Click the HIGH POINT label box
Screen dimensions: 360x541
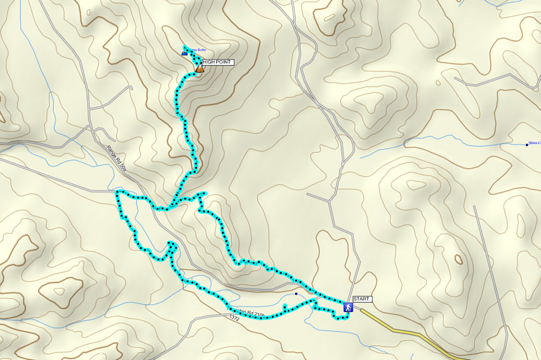pos(217,62)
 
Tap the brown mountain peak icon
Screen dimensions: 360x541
pos(200,69)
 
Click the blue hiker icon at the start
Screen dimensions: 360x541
pos(347,307)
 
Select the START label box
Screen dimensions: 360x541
pos(362,299)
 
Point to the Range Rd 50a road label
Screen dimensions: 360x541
pos(116,159)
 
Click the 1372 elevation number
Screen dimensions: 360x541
pos(234,318)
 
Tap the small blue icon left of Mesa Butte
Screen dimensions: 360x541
pos(185,54)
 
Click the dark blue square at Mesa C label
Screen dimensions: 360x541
pos(527,144)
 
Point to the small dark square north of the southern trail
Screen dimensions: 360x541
pos(296,294)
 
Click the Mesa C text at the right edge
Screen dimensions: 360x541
pos(534,143)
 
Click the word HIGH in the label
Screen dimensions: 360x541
pos(210,62)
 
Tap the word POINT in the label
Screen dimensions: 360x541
pos(224,62)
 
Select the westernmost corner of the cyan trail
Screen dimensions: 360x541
pos(117,193)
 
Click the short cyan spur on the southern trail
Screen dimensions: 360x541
pos(284,308)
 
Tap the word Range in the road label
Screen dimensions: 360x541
pos(112,152)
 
